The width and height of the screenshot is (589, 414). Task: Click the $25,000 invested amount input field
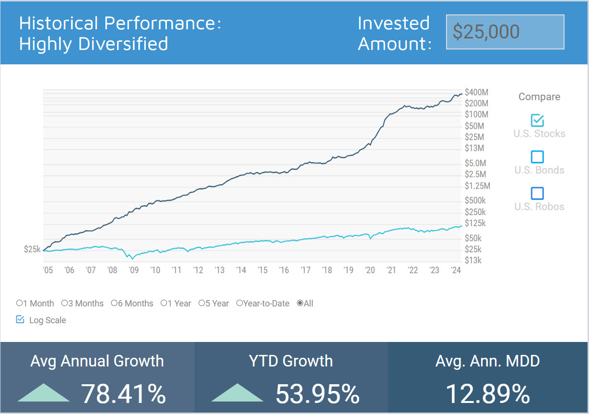point(505,32)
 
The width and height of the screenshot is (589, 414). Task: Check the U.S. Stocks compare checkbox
point(537,120)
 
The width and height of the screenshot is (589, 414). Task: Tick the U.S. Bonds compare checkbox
point(537,157)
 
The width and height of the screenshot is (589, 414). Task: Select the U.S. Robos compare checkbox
point(537,193)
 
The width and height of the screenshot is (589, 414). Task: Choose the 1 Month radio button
point(20,303)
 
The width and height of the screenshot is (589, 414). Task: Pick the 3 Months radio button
point(65,303)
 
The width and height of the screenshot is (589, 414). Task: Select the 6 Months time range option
point(114,303)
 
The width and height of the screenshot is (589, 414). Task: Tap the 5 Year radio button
point(202,303)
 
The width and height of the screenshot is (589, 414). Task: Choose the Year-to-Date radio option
point(239,303)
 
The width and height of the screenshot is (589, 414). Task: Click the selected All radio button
point(300,303)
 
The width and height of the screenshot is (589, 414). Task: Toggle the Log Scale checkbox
point(20,319)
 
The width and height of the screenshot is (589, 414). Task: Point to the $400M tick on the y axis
point(476,92)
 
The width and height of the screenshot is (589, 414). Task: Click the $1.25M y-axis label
point(478,186)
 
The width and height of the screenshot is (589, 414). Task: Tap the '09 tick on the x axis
point(133,270)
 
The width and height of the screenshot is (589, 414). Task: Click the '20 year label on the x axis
point(369,270)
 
